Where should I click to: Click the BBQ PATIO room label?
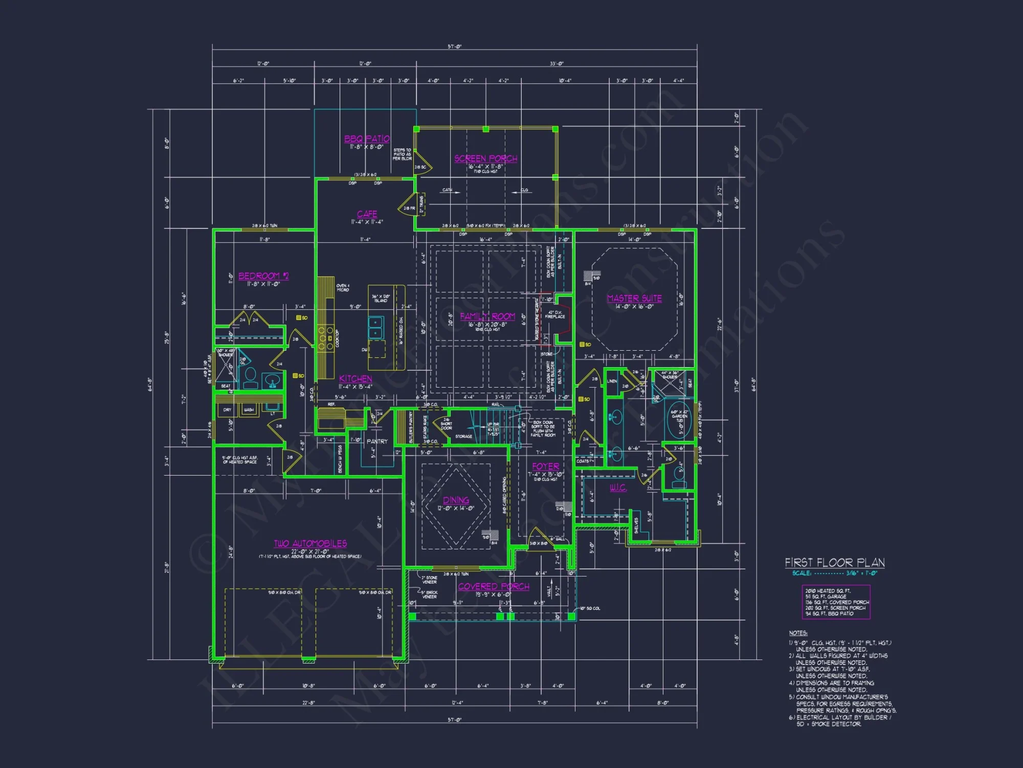tap(367, 139)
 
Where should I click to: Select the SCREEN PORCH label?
tap(485, 159)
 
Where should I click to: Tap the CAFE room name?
tap(367, 214)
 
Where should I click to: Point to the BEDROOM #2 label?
tap(263, 276)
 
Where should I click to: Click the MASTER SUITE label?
tap(634, 298)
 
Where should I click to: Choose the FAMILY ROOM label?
tap(487, 316)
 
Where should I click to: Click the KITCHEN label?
tap(355, 379)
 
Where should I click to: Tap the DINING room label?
tap(456, 500)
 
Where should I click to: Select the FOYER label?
tap(545, 466)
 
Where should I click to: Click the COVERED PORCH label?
tap(494, 587)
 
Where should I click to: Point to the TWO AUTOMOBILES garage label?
tap(310, 544)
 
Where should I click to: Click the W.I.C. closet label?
tap(618, 488)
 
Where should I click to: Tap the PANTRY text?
tap(377, 441)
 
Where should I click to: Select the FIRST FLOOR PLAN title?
tap(835, 563)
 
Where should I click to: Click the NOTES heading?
tap(798, 633)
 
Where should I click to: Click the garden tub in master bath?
tap(680, 420)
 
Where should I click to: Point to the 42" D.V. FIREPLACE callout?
tap(555, 314)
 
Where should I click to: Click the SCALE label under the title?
tap(802, 573)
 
